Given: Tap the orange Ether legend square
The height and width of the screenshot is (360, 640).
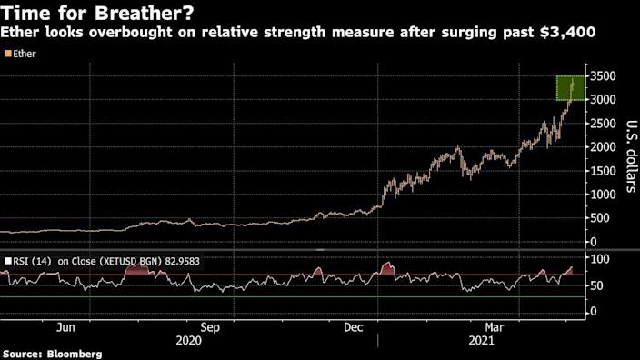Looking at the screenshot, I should point(7,54).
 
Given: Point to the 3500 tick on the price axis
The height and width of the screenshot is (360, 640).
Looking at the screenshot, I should point(605,75).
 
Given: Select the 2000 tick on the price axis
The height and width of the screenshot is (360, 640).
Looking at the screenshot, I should point(605,146).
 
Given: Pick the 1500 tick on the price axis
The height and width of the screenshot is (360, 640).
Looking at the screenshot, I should point(605,170).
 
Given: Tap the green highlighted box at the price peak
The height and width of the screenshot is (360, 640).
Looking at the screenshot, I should point(570,88).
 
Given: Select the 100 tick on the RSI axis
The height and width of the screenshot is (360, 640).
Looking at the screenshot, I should point(601,261).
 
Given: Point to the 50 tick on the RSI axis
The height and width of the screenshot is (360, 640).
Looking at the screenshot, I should point(598,286).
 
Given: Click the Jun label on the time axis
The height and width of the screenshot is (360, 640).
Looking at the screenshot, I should point(65,325).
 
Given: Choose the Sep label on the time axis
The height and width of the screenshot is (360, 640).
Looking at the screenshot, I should point(210,325).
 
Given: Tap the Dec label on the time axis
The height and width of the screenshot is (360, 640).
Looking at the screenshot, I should point(355,325).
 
